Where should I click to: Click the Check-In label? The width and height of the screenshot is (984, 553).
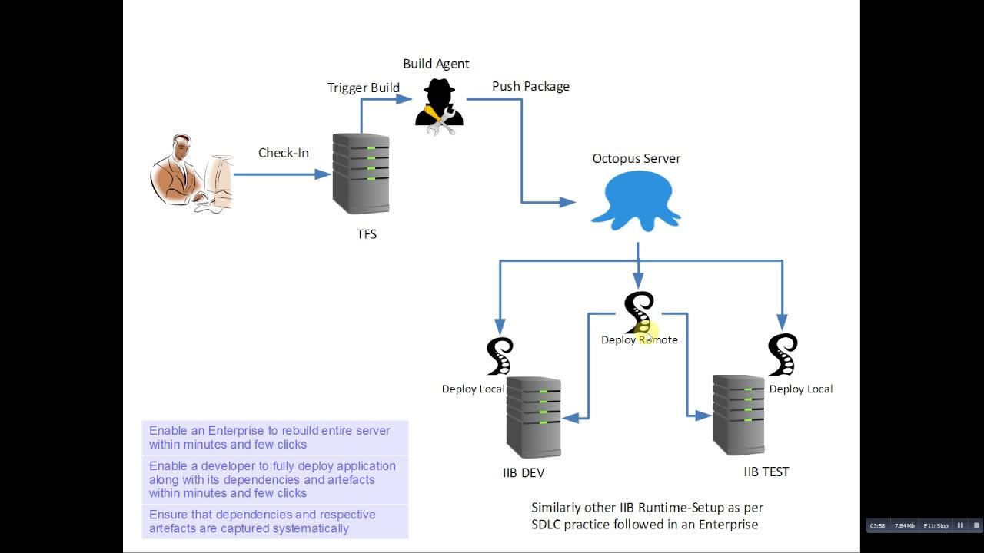(283, 153)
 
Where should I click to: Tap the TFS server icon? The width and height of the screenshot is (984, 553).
(361, 174)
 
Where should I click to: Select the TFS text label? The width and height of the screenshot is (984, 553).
(367, 234)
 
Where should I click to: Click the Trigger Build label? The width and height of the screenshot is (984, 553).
(363, 88)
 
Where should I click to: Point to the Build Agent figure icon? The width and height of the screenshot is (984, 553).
(438, 108)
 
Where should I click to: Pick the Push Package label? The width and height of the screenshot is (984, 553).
(530, 86)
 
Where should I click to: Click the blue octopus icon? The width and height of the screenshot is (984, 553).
(636, 200)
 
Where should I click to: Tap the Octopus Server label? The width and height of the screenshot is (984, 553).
(636, 159)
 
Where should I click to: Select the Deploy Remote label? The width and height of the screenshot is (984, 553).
(640, 339)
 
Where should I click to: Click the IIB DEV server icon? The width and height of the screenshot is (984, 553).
(534, 417)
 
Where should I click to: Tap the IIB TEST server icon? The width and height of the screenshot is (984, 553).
(738, 415)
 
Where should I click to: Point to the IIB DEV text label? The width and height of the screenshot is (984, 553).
(523, 473)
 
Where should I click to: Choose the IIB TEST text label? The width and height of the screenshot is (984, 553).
(766, 472)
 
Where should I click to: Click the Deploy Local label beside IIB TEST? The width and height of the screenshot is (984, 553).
(801, 389)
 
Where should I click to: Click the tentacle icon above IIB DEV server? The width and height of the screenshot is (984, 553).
(500, 356)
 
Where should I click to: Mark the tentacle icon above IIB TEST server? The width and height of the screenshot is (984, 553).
(782, 354)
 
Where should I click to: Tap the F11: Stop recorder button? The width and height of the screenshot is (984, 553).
(936, 526)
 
